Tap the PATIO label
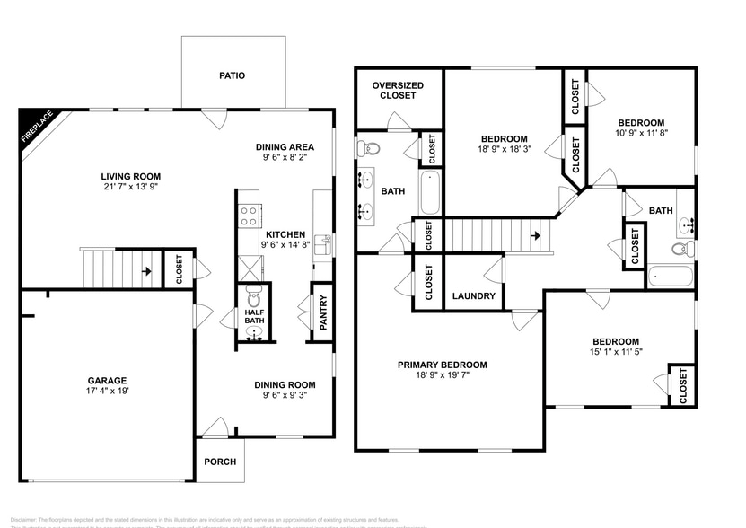click(x=233, y=76)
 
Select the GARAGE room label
click(x=106, y=380)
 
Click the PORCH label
click(x=220, y=462)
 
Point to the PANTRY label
click(x=322, y=312)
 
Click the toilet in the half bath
click(x=255, y=299)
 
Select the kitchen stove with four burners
click(x=249, y=216)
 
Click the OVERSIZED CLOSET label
click(x=398, y=91)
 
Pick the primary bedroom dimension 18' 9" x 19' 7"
click(x=443, y=377)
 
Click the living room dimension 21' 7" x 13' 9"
click(x=130, y=200)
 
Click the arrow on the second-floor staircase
click(x=535, y=236)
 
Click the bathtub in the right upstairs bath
click(x=671, y=275)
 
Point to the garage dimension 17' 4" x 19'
click(x=106, y=392)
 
